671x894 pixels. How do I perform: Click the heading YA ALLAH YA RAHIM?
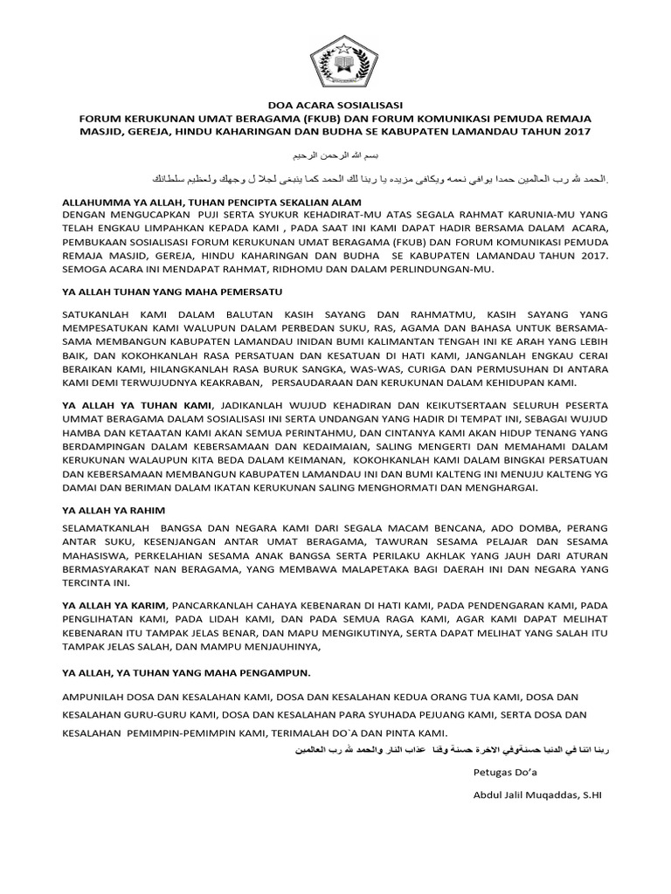pos(114,509)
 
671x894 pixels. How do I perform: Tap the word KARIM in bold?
pos(148,604)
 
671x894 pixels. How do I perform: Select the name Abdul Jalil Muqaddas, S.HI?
pos(538,795)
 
